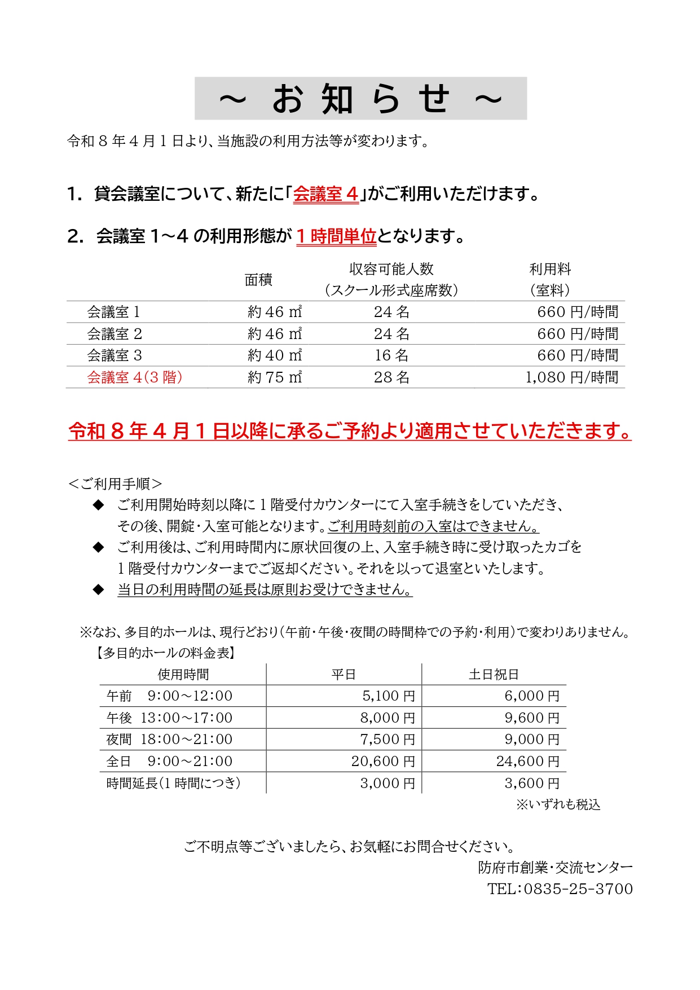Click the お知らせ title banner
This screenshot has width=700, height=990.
click(360, 99)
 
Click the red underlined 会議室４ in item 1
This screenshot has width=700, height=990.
click(325, 194)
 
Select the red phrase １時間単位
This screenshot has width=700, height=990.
click(336, 236)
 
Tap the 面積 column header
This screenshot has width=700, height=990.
click(258, 280)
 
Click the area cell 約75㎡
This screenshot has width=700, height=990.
click(275, 377)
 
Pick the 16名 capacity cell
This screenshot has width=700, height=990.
click(391, 355)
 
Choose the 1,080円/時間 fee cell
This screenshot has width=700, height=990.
click(572, 377)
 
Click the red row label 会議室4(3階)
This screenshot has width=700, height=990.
click(135, 377)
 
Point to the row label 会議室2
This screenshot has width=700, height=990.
click(115, 334)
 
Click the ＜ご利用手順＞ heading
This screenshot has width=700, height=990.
click(115, 483)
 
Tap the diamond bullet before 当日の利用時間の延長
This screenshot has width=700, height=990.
click(99, 589)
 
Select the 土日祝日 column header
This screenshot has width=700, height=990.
click(494, 675)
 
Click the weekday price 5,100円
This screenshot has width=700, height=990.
click(389, 696)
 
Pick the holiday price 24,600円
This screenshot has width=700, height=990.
click(528, 762)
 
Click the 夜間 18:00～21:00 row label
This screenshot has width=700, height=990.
click(169, 740)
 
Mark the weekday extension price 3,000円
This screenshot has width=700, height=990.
click(388, 784)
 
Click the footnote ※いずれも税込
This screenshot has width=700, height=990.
click(558, 804)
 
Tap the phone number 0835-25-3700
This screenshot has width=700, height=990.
click(578, 889)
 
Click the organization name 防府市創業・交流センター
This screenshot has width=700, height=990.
click(555, 868)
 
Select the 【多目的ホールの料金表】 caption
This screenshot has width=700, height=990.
click(164, 653)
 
